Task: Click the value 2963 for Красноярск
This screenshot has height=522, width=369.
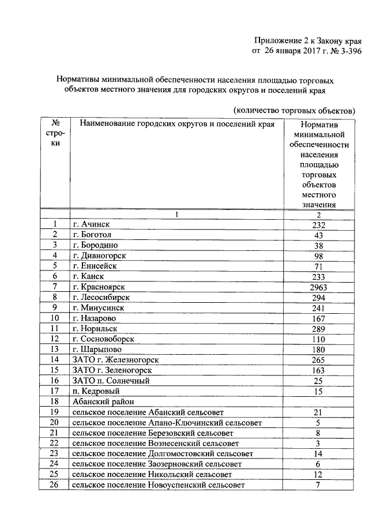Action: coord(319,287)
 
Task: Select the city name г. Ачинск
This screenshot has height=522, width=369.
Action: coord(91,224)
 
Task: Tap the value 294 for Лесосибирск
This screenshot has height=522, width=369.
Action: coord(319,297)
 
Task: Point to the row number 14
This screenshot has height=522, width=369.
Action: coord(55,360)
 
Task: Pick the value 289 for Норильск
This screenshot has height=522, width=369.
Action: coord(319,328)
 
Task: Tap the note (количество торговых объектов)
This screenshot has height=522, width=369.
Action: coord(293,110)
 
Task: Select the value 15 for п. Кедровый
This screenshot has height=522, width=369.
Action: coord(319,391)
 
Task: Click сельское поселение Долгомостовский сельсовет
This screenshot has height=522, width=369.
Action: coord(163,454)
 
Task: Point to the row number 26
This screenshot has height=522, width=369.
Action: coord(55,485)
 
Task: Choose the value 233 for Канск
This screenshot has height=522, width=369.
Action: coord(319,276)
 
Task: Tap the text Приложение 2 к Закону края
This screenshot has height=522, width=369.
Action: coord(308,41)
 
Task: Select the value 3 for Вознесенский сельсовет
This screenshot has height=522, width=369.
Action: coord(319,443)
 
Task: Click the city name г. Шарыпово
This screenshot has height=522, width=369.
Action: coord(96,350)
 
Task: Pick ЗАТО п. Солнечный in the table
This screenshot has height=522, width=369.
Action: coord(111,381)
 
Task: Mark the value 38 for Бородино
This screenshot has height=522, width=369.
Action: coord(319,245)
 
